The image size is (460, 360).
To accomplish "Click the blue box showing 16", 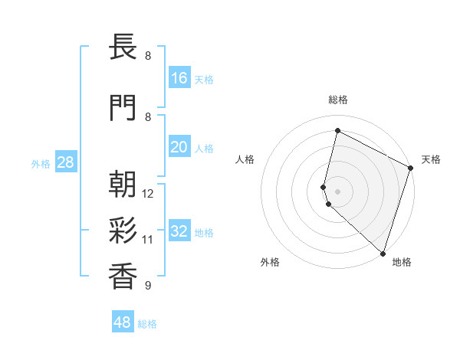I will pos(179,78).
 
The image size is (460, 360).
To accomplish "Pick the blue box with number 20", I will pos(179,147).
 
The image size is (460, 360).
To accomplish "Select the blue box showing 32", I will pos(179,231).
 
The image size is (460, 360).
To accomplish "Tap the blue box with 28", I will pos(65,162).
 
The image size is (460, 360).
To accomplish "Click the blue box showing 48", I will pos(123,322).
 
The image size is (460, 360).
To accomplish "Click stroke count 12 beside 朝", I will pos(149,194).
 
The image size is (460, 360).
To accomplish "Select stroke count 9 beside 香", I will pos(147,286).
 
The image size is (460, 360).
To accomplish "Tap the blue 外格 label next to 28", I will pos(41,163).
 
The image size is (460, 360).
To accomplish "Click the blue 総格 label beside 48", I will pos(147,324).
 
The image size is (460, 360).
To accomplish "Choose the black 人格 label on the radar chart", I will pos(245,159).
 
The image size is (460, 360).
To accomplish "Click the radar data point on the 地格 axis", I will pos(383,254).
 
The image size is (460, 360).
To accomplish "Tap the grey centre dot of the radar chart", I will pos(338,191).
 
